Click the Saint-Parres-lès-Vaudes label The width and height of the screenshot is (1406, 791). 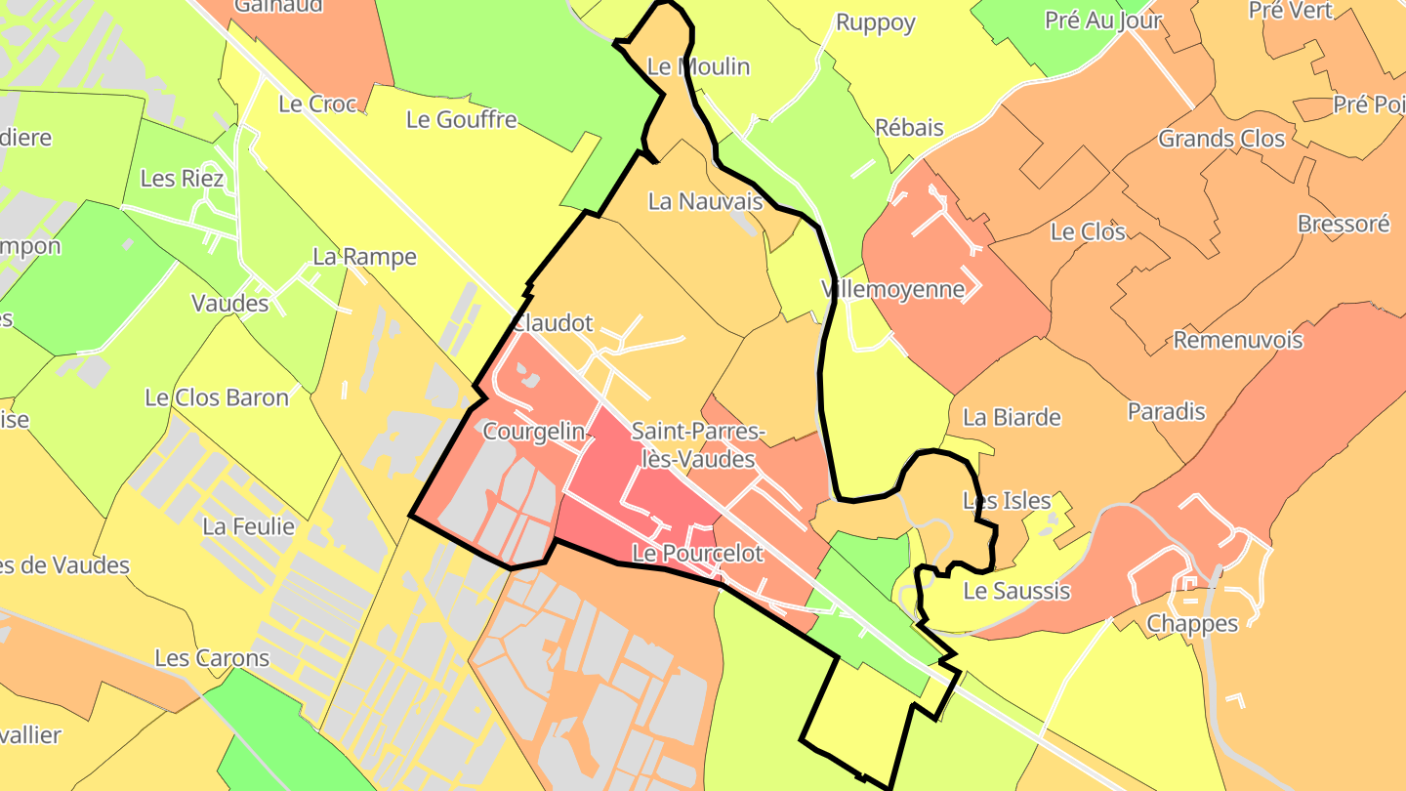pos(698,444)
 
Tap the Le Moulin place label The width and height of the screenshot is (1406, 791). pos(698,66)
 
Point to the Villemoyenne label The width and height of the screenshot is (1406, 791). pos(893,289)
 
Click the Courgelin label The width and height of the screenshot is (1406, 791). pos(533,431)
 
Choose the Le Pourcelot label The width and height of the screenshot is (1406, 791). pos(697,553)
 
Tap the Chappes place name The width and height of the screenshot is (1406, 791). pos(1192,623)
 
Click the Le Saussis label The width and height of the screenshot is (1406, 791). pos(1016,591)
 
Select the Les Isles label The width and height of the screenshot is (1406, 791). pos(1007,501)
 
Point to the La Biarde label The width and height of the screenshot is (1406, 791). pos(1012,417)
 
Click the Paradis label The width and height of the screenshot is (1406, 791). pos(1167,411)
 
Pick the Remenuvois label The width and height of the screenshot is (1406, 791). pos(1238,340)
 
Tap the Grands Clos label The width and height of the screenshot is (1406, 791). pos(1221,139)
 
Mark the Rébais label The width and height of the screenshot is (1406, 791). pos(909,127)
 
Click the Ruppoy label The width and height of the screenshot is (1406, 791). pos(875,22)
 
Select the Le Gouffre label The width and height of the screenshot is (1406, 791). pos(462,119)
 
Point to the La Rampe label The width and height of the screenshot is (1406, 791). pos(364,257)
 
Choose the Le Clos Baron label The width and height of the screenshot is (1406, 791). pos(217,397)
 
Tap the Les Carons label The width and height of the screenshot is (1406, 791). pos(212,657)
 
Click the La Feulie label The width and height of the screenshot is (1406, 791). pos(248,526)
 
